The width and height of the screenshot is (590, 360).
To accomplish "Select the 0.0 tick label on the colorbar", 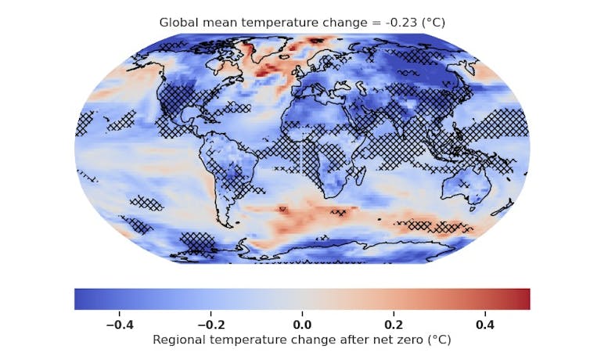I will [x=302, y=323].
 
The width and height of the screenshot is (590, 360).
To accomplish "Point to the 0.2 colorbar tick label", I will [x=394, y=323].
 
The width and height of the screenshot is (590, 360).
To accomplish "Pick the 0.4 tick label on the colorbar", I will [x=485, y=323].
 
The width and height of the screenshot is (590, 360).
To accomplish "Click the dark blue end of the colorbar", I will [x=80, y=299].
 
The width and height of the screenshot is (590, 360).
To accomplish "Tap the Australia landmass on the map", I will [x=466, y=188].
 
